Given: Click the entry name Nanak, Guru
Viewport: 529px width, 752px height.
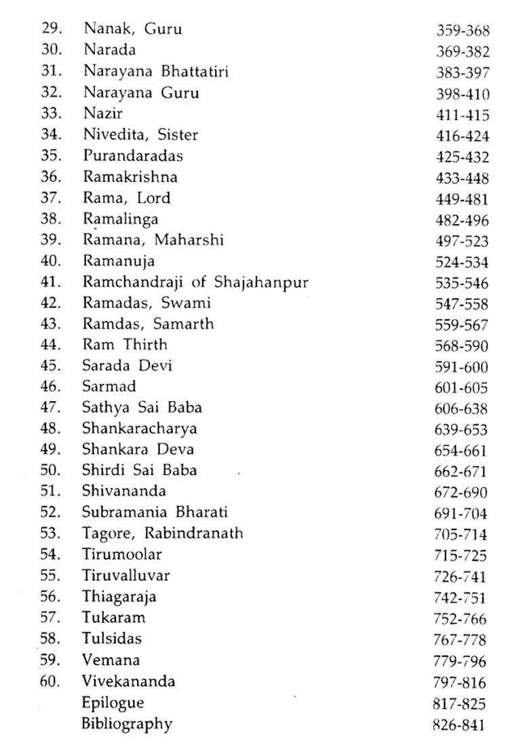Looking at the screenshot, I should (x=133, y=29).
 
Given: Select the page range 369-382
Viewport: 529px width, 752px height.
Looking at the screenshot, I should (x=463, y=52).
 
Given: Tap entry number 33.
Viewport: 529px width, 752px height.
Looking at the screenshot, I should (x=52, y=113).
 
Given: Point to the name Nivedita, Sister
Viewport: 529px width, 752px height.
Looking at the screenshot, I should (x=140, y=135).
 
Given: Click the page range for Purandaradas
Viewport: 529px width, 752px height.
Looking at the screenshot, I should (x=462, y=157).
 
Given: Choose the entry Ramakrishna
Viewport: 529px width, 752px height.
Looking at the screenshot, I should (x=130, y=176).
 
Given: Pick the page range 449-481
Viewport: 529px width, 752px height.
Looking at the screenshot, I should (x=462, y=199).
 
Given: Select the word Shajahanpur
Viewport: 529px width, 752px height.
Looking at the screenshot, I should (x=261, y=282).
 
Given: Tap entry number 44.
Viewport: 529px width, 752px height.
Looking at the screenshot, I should (x=51, y=344).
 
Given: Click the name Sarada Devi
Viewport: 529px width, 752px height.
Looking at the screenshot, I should (x=127, y=365).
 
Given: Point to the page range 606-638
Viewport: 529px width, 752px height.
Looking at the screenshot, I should (x=461, y=409).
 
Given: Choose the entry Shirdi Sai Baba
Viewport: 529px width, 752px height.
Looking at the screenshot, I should (x=140, y=470).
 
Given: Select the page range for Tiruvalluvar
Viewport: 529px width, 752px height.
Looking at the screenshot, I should (x=461, y=577).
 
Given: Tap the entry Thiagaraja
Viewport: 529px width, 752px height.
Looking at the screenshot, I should (x=119, y=597).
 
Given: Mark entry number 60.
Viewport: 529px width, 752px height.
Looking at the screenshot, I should (x=50, y=681).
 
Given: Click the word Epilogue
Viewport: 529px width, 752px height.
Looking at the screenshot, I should (x=113, y=702).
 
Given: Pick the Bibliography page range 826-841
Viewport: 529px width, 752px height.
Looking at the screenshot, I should (x=459, y=725).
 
